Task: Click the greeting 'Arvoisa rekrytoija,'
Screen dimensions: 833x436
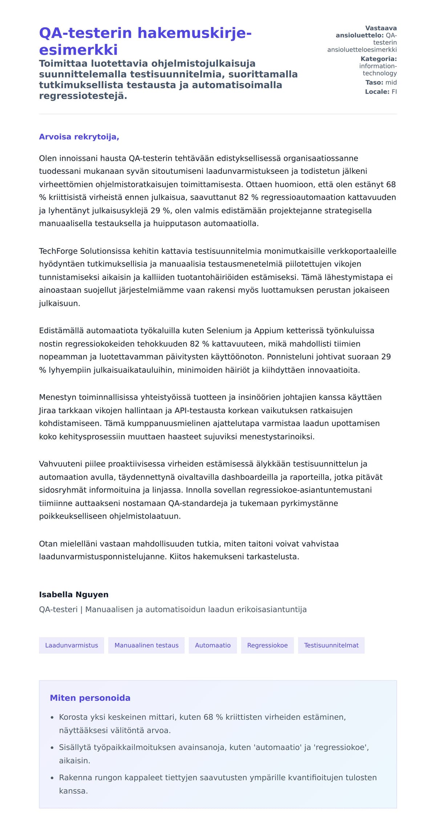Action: click(79, 137)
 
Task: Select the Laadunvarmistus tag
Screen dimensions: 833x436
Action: click(72, 645)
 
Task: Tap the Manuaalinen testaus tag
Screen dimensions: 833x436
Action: click(146, 645)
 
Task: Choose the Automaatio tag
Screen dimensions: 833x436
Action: click(213, 645)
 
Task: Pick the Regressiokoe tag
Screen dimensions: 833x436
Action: click(267, 645)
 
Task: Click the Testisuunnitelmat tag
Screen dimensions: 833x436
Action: click(331, 645)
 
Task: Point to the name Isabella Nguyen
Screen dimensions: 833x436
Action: click(74, 594)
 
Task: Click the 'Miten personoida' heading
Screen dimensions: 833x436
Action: click(90, 698)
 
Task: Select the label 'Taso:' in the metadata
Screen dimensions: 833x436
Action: click(374, 82)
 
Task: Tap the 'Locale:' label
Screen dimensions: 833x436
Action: click(377, 92)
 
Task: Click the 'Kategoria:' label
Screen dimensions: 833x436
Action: click(379, 59)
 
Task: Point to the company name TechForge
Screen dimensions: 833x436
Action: click(58, 251)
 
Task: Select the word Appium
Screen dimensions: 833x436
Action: click(269, 330)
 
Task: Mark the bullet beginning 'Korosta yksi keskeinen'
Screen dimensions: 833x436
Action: click(202, 717)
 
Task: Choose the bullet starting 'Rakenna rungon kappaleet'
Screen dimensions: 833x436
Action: click(218, 777)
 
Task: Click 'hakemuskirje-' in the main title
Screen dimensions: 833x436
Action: click(194, 33)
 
